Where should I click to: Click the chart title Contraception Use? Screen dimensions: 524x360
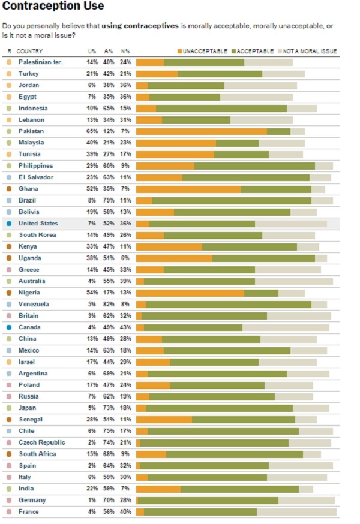pyautogui.click(x=53, y=7)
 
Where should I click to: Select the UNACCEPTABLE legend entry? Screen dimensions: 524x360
pyautogui.click(x=203, y=52)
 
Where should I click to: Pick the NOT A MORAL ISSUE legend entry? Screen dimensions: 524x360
pyautogui.click(x=310, y=52)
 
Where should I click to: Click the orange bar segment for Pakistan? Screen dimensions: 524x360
pyautogui.click(x=202, y=131)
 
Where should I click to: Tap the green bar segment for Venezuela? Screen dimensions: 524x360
pyautogui.click(x=228, y=304)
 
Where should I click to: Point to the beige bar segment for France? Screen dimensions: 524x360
pyautogui.click(x=296, y=511)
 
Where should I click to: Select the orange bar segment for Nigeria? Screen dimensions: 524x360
pyautogui.click(x=190, y=293)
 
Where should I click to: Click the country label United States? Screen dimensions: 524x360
pyautogui.click(x=38, y=224)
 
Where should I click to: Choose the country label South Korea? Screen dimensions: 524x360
pyautogui.click(x=37, y=235)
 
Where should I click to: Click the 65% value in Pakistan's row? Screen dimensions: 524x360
pyautogui.click(x=92, y=131)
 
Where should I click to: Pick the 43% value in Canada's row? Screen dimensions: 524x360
pyautogui.click(x=125, y=327)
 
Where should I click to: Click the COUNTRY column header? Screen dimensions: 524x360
pyautogui.click(x=29, y=52)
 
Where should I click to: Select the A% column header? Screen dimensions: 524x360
pyautogui.click(x=109, y=52)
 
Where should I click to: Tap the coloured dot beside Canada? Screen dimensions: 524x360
pyautogui.click(x=9, y=327)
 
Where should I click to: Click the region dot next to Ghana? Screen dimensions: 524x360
pyautogui.click(x=9, y=189)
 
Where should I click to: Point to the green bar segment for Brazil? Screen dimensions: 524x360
pyautogui.click(x=232, y=200)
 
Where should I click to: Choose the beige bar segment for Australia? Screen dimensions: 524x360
pyautogui.click(x=294, y=281)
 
